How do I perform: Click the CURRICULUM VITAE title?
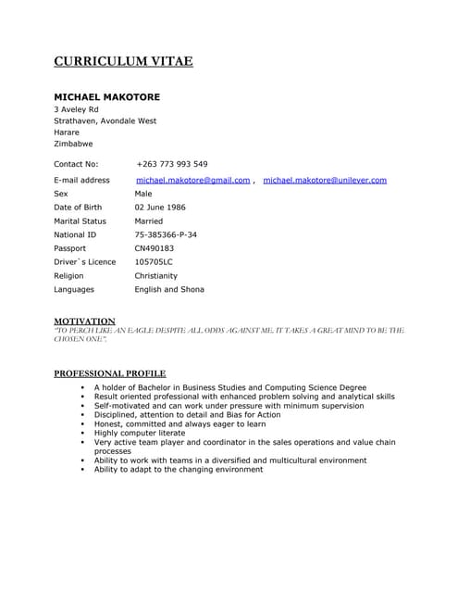pos(123,62)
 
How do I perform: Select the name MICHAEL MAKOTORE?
pos(106,96)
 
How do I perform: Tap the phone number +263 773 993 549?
pos(171,164)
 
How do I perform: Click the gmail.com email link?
pos(192,180)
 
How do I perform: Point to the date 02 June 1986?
pos(160,208)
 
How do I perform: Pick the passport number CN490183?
pos(154,248)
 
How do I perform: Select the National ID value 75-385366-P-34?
pos(166,234)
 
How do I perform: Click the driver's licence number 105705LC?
pos(154,261)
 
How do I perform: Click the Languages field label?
pos(74,289)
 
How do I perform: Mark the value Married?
pos(148,221)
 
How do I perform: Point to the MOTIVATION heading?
pos(84,321)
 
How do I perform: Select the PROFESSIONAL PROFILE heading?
pos(109,373)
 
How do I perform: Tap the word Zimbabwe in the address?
pos(73,144)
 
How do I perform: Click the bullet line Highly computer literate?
pos(139,433)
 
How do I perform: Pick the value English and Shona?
pos(169,289)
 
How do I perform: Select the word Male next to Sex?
pos(143,194)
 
